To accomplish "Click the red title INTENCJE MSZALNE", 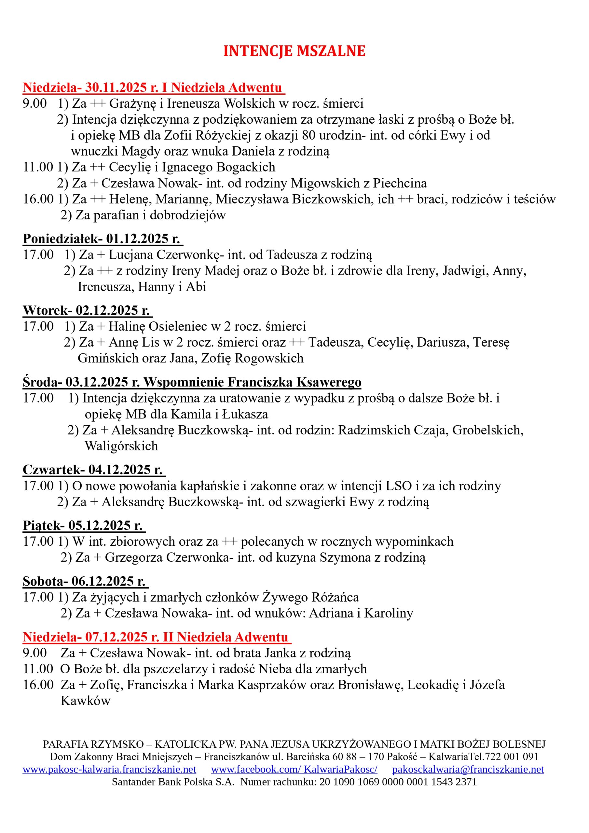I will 294,51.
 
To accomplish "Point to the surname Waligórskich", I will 121,446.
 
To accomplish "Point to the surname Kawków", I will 85,701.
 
